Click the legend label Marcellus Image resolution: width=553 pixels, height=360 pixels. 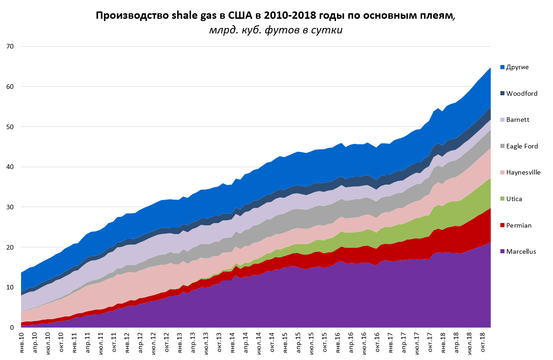(521, 251)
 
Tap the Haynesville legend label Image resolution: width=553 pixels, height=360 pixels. (523, 173)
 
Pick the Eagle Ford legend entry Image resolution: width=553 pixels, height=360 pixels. (522, 146)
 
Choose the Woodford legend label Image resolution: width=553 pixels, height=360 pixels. (522, 93)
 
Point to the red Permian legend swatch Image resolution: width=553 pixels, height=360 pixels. (502, 225)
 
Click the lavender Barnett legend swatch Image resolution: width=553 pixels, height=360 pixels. (502, 120)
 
